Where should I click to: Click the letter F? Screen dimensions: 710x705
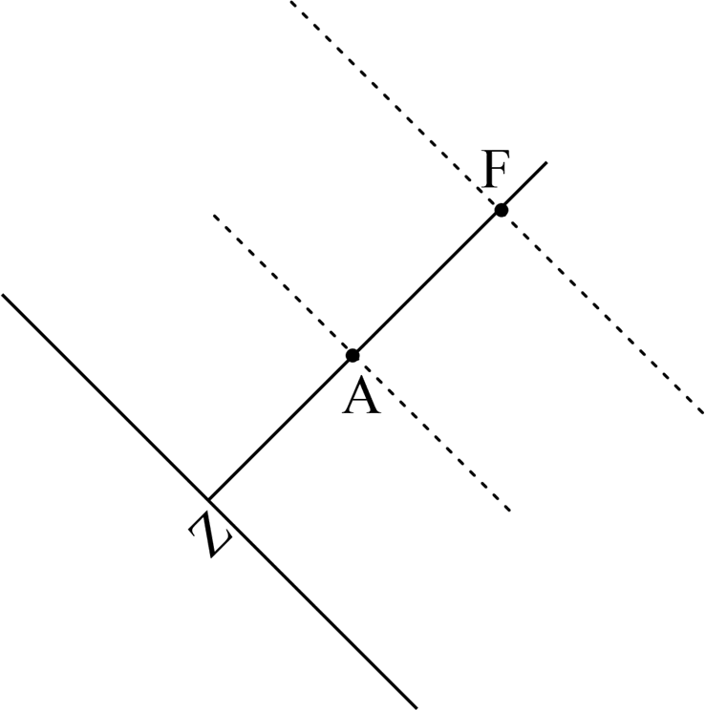(494, 173)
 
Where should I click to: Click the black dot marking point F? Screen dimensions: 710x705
(501, 210)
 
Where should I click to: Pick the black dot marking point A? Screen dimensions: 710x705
(352, 355)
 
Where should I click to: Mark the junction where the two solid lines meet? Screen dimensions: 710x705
(208, 499)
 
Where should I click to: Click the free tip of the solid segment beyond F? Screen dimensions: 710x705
(545, 163)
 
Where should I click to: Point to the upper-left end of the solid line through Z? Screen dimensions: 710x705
(3, 295)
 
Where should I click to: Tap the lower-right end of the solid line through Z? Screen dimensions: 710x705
(416, 707)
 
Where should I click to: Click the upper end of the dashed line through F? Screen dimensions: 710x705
(291, 2)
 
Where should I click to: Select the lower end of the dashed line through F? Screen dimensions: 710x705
(702, 412)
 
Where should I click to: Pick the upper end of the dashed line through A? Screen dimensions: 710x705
(214, 216)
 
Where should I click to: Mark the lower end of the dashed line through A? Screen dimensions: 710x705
(509, 511)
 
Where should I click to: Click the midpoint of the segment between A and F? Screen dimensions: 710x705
(427, 282)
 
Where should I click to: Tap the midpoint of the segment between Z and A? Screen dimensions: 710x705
(281, 427)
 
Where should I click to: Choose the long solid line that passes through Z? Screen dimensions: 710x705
(105, 397)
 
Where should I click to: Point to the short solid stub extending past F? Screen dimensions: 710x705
(524, 185)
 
